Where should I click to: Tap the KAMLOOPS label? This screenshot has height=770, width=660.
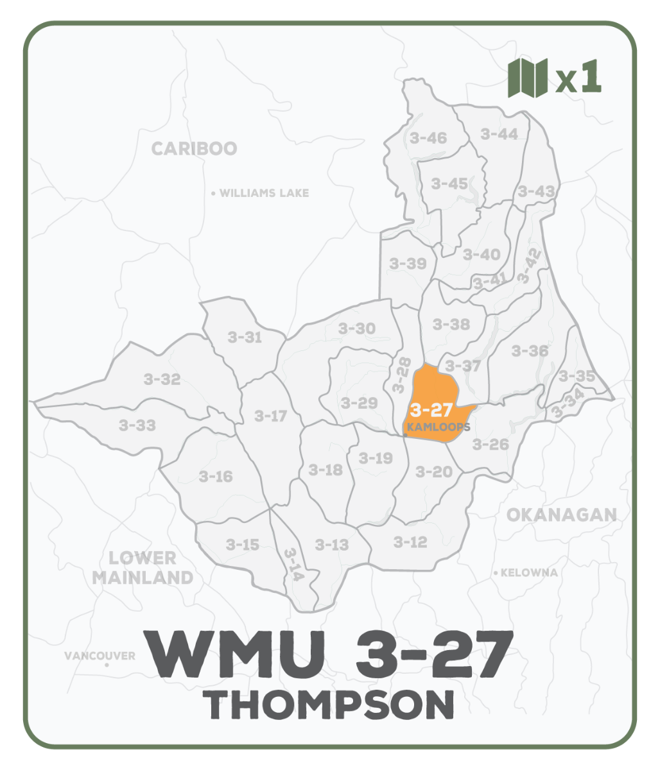[439, 427]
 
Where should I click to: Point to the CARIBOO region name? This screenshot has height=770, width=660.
[194, 149]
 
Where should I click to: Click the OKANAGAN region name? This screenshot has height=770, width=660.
[561, 515]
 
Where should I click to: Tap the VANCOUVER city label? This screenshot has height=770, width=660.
[100, 656]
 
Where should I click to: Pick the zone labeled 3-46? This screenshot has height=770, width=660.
[428, 137]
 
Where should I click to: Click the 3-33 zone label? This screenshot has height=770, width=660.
[137, 425]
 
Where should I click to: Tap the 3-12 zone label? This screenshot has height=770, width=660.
[410, 542]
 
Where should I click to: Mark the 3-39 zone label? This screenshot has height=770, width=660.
[408, 263]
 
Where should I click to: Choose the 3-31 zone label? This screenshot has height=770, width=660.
[245, 337]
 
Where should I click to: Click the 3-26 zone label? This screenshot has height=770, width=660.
[491, 444]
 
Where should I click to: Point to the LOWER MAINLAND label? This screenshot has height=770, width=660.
[142, 567]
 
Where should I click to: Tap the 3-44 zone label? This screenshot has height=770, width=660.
[499, 133]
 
